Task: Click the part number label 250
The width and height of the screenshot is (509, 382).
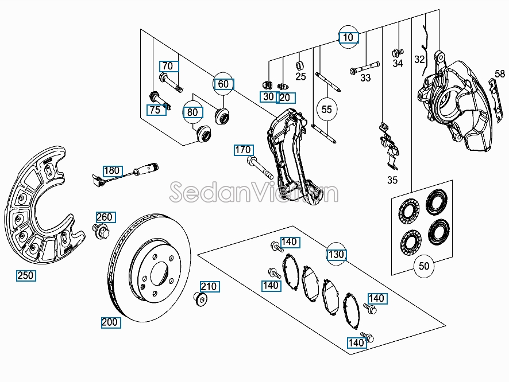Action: coord(26,275)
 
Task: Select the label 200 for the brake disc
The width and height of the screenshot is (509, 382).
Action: coord(109,322)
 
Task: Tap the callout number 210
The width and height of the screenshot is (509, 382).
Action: coord(209,286)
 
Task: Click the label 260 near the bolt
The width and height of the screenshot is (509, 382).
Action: coord(105,217)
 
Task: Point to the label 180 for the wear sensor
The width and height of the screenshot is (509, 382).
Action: coord(113,170)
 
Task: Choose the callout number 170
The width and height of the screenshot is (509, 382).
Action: coord(243,150)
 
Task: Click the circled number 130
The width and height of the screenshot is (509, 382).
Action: coord(337,254)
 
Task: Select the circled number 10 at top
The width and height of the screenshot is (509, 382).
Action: coord(348,38)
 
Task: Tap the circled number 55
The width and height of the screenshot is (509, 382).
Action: coord(326,109)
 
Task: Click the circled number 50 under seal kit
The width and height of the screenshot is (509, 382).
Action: coord(424,266)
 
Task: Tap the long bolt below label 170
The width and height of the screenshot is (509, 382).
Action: coord(259,169)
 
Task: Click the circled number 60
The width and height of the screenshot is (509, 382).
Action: coord(223,84)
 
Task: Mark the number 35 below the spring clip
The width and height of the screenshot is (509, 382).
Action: coord(392,180)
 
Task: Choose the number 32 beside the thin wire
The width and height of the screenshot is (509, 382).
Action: coord(419,59)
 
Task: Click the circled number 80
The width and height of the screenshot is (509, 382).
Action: coord(192,112)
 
